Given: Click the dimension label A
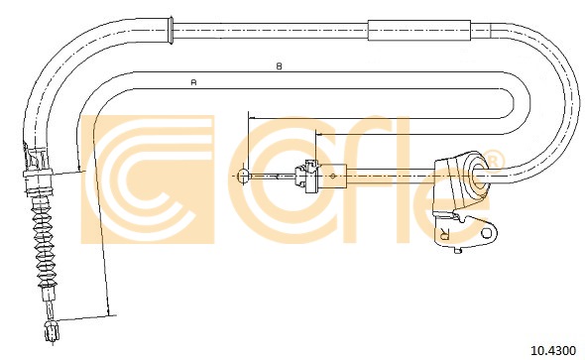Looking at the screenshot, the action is tap(193, 82).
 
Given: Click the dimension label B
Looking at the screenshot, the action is tap(279, 66).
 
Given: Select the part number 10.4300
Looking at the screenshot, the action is tap(553, 350).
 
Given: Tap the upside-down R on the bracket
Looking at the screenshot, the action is tap(445, 234).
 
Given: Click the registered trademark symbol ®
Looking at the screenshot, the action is tap(493, 161).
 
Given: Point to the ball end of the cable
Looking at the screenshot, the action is tap(243, 175).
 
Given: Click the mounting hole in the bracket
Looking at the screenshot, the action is tap(487, 233).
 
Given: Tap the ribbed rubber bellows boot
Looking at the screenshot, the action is tap(45, 242).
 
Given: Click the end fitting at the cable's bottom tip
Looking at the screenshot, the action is tap(52, 331).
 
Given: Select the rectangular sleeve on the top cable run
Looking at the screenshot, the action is tap(419, 30).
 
